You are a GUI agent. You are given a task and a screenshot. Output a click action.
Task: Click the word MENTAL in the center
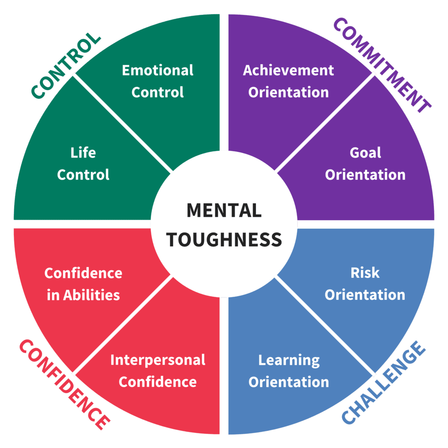coord(224,210)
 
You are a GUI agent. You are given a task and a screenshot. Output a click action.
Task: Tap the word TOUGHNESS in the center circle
coord(224,239)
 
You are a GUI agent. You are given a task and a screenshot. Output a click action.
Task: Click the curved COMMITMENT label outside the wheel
coord(382,65)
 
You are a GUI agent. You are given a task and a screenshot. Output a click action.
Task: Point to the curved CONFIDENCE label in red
coord(65,385)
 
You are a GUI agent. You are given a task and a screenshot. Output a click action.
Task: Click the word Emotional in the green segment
coord(157,70)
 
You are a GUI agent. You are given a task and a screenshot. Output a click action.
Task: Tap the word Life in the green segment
coord(83,153)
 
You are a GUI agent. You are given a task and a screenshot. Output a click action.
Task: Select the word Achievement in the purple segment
coord(288,70)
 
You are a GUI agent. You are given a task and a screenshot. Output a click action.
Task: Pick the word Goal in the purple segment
coord(365,153)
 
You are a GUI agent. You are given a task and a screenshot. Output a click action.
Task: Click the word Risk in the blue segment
coord(365,273)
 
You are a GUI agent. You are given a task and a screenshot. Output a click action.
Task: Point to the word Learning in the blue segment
coord(289,360)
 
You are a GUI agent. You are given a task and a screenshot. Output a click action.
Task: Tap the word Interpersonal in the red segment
coord(157,360)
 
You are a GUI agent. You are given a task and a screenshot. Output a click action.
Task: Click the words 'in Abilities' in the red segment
coord(83,295)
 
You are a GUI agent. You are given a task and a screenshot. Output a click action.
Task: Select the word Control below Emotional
coord(157,92)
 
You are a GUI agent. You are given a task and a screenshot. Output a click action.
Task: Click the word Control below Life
coord(83,175)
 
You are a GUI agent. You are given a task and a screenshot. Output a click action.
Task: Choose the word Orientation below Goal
coord(365,175)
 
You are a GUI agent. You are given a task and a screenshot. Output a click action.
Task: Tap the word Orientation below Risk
coord(365,295)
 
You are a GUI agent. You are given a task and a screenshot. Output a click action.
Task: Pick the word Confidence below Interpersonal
coord(157,382)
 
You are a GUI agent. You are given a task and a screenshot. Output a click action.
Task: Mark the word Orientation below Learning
coord(289,382)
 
